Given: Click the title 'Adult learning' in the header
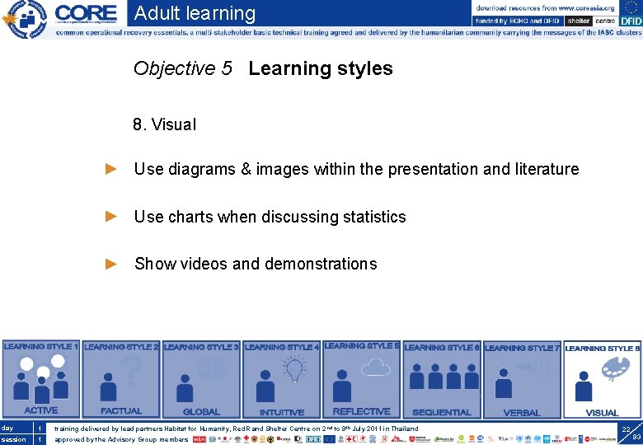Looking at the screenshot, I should point(195,13).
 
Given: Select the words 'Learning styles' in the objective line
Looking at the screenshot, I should point(321,68).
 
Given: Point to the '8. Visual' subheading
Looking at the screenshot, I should point(164,125).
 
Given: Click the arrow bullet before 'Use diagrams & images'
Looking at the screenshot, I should point(112,169).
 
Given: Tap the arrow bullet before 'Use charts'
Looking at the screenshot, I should point(112,217).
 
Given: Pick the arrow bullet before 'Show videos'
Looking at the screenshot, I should point(112,264).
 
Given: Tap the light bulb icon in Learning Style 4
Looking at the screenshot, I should point(295,370).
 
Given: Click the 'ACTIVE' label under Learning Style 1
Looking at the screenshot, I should point(40,410).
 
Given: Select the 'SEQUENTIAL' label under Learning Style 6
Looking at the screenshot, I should point(442,412).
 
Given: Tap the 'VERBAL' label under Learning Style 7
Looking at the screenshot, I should point(522,412).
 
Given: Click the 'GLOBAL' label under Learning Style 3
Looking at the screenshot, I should point(201,412).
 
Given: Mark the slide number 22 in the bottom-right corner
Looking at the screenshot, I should point(627,429).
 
